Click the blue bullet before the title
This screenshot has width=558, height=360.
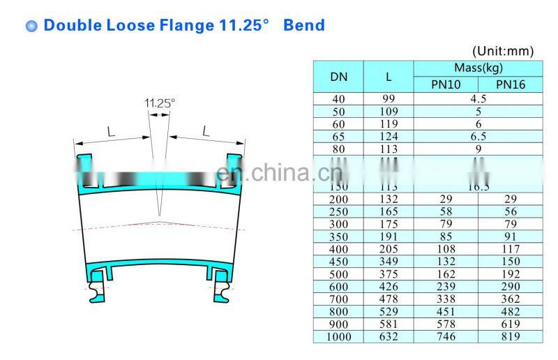pos(31,27)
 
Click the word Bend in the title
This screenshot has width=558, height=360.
pos(304,26)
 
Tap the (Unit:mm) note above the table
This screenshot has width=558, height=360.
pos(502,51)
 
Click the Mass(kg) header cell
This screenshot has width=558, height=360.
pos(478,68)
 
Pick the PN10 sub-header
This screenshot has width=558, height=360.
pos(446,84)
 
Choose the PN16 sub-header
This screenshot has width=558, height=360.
pos(510,84)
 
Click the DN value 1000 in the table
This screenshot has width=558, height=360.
pos(338,337)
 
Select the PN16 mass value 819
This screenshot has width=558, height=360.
pos(510,337)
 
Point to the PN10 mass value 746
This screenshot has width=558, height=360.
pos(446,337)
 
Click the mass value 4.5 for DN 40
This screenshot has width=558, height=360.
pos(478,99)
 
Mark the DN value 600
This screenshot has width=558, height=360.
pos(338,286)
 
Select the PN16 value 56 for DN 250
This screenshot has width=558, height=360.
pos(510,211)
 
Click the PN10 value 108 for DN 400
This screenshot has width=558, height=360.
pos(446,248)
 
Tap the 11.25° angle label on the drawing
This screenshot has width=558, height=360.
pos(160,103)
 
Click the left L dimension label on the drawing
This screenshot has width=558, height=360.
pos(111,130)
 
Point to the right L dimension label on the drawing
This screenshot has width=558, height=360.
pos(206,130)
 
